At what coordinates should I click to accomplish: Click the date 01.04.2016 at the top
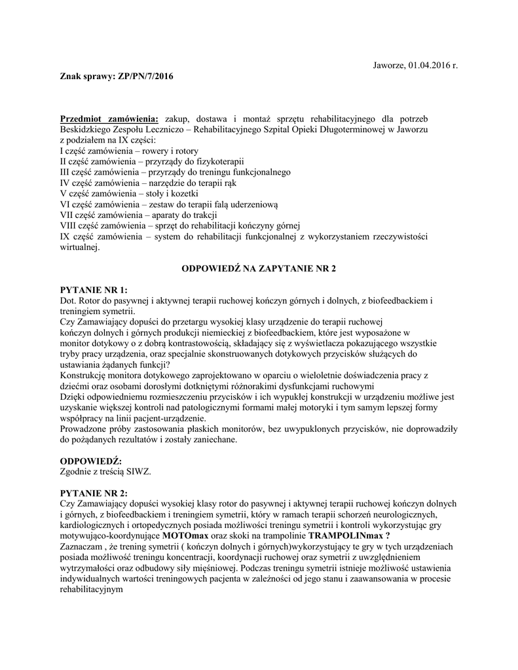(428, 66)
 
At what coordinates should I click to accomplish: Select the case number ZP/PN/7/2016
(145, 77)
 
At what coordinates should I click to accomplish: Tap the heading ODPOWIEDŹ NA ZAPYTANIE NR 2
(258, 268)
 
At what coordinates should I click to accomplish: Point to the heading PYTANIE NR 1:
(94, 289)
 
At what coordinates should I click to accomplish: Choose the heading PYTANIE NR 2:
(94, 492)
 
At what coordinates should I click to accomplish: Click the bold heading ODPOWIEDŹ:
(90, 461)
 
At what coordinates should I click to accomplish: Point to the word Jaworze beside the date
(388, 66)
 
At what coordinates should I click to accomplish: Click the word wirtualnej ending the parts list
(79, 247)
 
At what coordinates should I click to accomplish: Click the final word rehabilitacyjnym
(92, 588)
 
